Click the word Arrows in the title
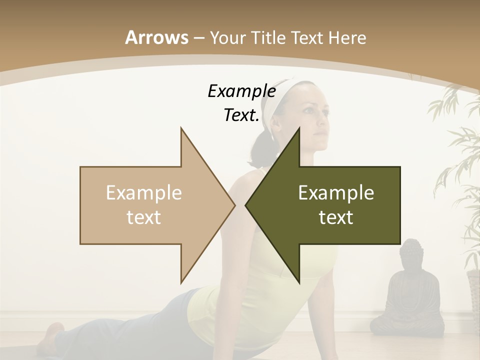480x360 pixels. [156, 37]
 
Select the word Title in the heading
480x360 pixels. [269, 37]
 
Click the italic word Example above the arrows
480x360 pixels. [241, 91]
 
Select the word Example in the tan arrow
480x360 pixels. [144, 192]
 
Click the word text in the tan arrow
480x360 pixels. [144, 217]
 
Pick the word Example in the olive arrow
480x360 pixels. [336, 192]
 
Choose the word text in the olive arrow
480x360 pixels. [336, 217]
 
